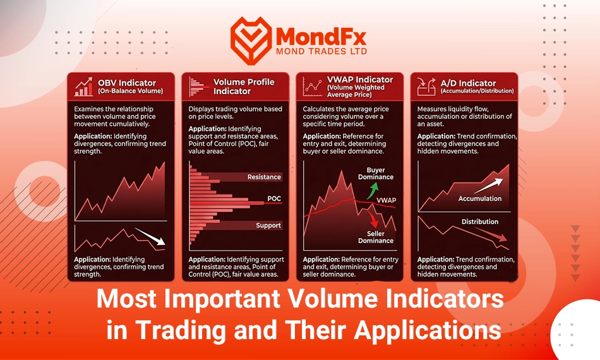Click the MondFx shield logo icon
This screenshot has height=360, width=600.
coord(251,40)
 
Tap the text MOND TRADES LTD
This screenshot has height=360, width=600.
coord(321,51)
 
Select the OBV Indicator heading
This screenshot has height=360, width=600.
coord(127,83)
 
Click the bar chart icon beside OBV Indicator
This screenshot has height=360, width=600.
coord(83,87)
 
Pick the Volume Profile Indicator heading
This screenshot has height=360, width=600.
coord(244,87)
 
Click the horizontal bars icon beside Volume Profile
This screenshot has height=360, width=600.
coord(198,87)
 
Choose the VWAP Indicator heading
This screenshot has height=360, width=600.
coord(360,80)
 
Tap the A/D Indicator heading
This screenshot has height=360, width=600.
coord(468,83)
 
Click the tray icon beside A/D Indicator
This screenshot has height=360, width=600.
coord(426,87)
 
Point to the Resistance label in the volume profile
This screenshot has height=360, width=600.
coord(264,177)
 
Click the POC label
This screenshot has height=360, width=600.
coord(274,198)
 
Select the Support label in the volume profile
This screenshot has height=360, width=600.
coord(268,225)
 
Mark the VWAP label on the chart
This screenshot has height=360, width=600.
coord(387,200)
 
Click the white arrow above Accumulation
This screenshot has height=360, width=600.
coord(489,186)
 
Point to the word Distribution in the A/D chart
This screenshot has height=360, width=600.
coord(480,222)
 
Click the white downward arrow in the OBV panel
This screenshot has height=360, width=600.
coord(150,236)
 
